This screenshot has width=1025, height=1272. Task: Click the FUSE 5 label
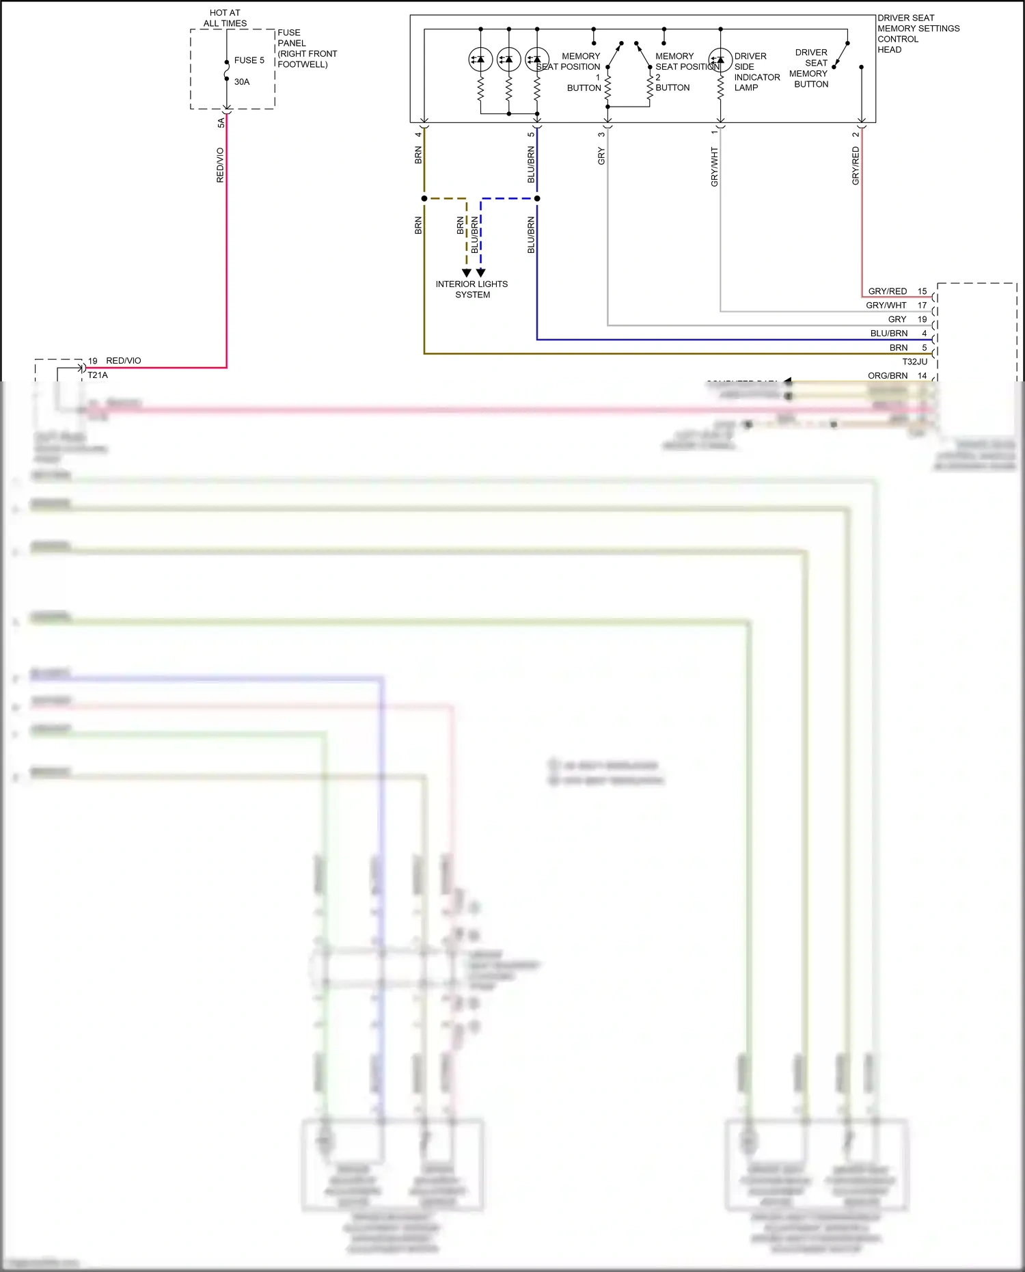click(249, 60)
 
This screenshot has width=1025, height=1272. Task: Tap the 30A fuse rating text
click(242, 82)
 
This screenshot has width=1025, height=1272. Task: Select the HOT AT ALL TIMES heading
click(225, 18)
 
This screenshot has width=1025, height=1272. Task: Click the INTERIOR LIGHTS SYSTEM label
click(471, 289)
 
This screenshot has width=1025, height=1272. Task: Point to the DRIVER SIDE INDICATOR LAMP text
click(756, 72)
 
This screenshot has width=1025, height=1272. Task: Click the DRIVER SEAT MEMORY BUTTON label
click(810, 68)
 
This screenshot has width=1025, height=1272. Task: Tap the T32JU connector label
click(914, 362)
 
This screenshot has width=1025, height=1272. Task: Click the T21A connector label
click(98, 375)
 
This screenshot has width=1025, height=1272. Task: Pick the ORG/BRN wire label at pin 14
click(888, 376)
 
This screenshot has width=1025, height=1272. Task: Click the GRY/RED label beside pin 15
click(887, 291)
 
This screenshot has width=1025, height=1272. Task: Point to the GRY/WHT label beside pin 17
click(886, 306)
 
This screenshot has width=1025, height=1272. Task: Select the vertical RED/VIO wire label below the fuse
click(220, 165)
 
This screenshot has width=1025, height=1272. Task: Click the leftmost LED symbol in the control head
click(480, 59)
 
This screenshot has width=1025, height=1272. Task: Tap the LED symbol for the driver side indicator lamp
click(720, 59)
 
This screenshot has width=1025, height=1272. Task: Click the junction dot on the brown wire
click(424, 198)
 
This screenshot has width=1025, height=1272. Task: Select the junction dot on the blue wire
click(537, 198)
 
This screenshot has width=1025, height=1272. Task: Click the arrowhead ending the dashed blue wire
click(481, 273)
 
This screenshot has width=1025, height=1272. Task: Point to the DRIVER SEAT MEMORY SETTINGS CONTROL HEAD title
click(918, 33)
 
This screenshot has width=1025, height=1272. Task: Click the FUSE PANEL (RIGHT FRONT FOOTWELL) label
click(307, 49)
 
